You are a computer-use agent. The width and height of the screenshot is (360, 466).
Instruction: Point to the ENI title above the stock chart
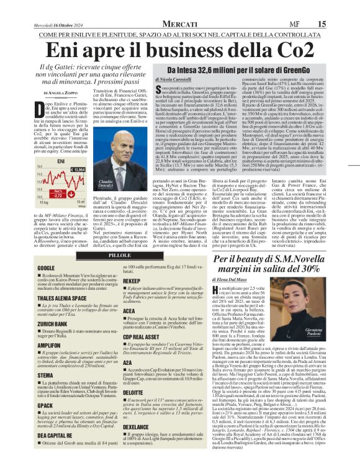(61, 161)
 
